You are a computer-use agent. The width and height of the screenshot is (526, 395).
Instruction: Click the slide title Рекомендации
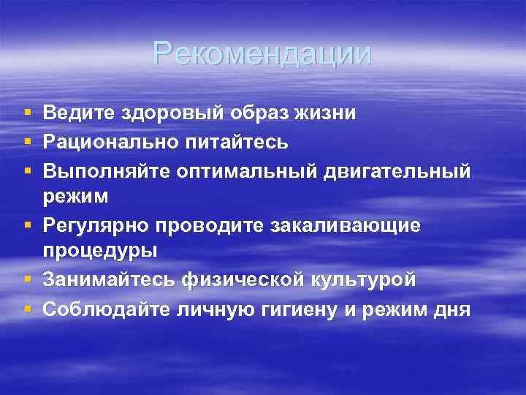point(262,53)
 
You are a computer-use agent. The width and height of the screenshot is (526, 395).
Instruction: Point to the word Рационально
point(113,140)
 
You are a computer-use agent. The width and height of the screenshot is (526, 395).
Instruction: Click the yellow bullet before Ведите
point(27,114)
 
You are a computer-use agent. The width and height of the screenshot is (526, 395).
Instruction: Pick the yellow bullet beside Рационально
point(27,141)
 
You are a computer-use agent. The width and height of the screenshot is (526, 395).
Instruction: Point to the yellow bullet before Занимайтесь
point(27,280)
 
